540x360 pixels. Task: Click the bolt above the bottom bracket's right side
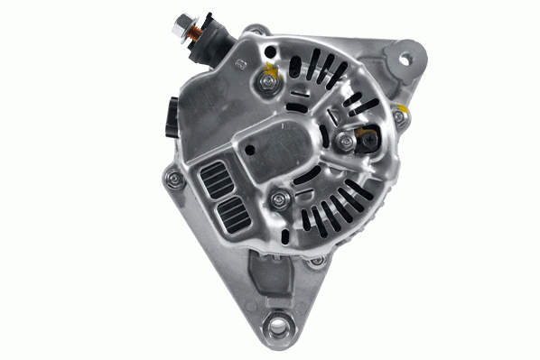pyautogui.click(x=316, y=262)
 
